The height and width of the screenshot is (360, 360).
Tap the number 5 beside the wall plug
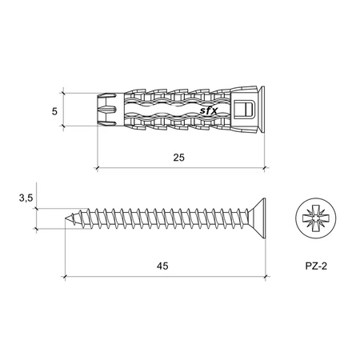tap(54, 110)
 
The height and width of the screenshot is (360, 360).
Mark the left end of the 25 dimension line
tap(97, 168)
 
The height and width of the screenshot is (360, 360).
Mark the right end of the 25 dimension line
tap(266, 168)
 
